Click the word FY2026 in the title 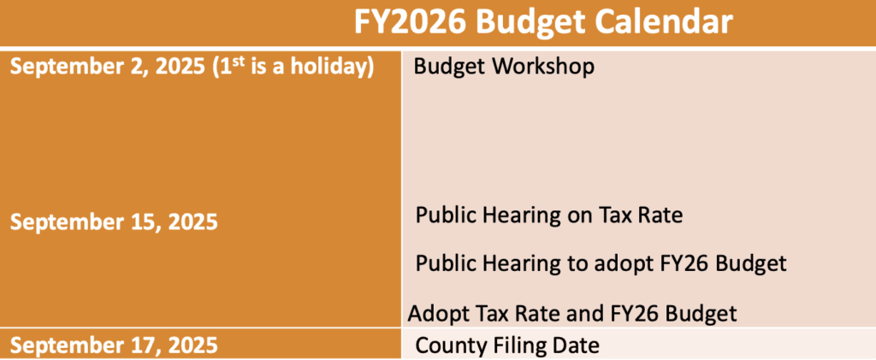pos(411,23)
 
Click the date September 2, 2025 pos(107,67)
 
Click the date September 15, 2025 pos(114,222)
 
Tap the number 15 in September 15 pos(142,222)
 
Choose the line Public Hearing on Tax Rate pos(549,215)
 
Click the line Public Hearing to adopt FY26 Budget pos(601,263)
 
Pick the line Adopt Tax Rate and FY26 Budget pos(572,313)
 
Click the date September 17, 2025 pos(114,345)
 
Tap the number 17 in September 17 pos(142,345)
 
